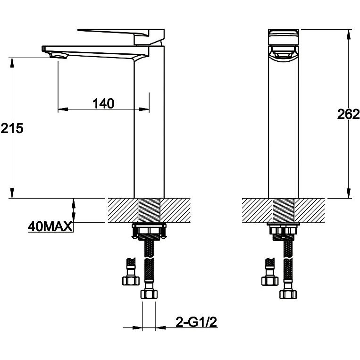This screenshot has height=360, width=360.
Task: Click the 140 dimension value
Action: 103,104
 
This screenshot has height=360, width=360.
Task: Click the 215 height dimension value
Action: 12,128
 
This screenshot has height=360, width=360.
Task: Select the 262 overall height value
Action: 348,114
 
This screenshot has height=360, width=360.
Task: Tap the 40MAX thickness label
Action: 50,227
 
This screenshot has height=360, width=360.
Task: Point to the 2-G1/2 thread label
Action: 196,322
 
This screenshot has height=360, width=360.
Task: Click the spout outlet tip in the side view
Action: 58,55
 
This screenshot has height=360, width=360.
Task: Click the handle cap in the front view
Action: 284,37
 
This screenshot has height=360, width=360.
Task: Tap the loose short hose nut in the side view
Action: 131,281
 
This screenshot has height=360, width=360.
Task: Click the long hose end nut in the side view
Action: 149,294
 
